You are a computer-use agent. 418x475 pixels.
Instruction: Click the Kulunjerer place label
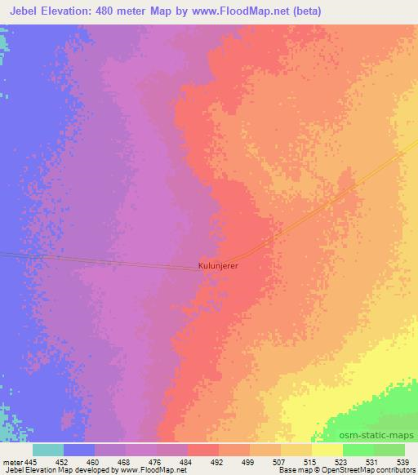coord(222,265)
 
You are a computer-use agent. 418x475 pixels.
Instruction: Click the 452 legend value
coord(63,461)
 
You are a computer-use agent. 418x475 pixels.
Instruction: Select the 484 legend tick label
coord(188,461)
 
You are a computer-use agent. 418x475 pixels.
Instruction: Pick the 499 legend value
coord(250,461)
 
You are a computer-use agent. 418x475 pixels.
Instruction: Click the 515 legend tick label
coord(311,461)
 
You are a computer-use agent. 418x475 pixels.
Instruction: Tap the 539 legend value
coord(404,461)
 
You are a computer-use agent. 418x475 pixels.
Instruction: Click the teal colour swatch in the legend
coord(47,450)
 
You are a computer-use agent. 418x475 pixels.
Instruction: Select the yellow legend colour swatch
coord(327,450)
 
